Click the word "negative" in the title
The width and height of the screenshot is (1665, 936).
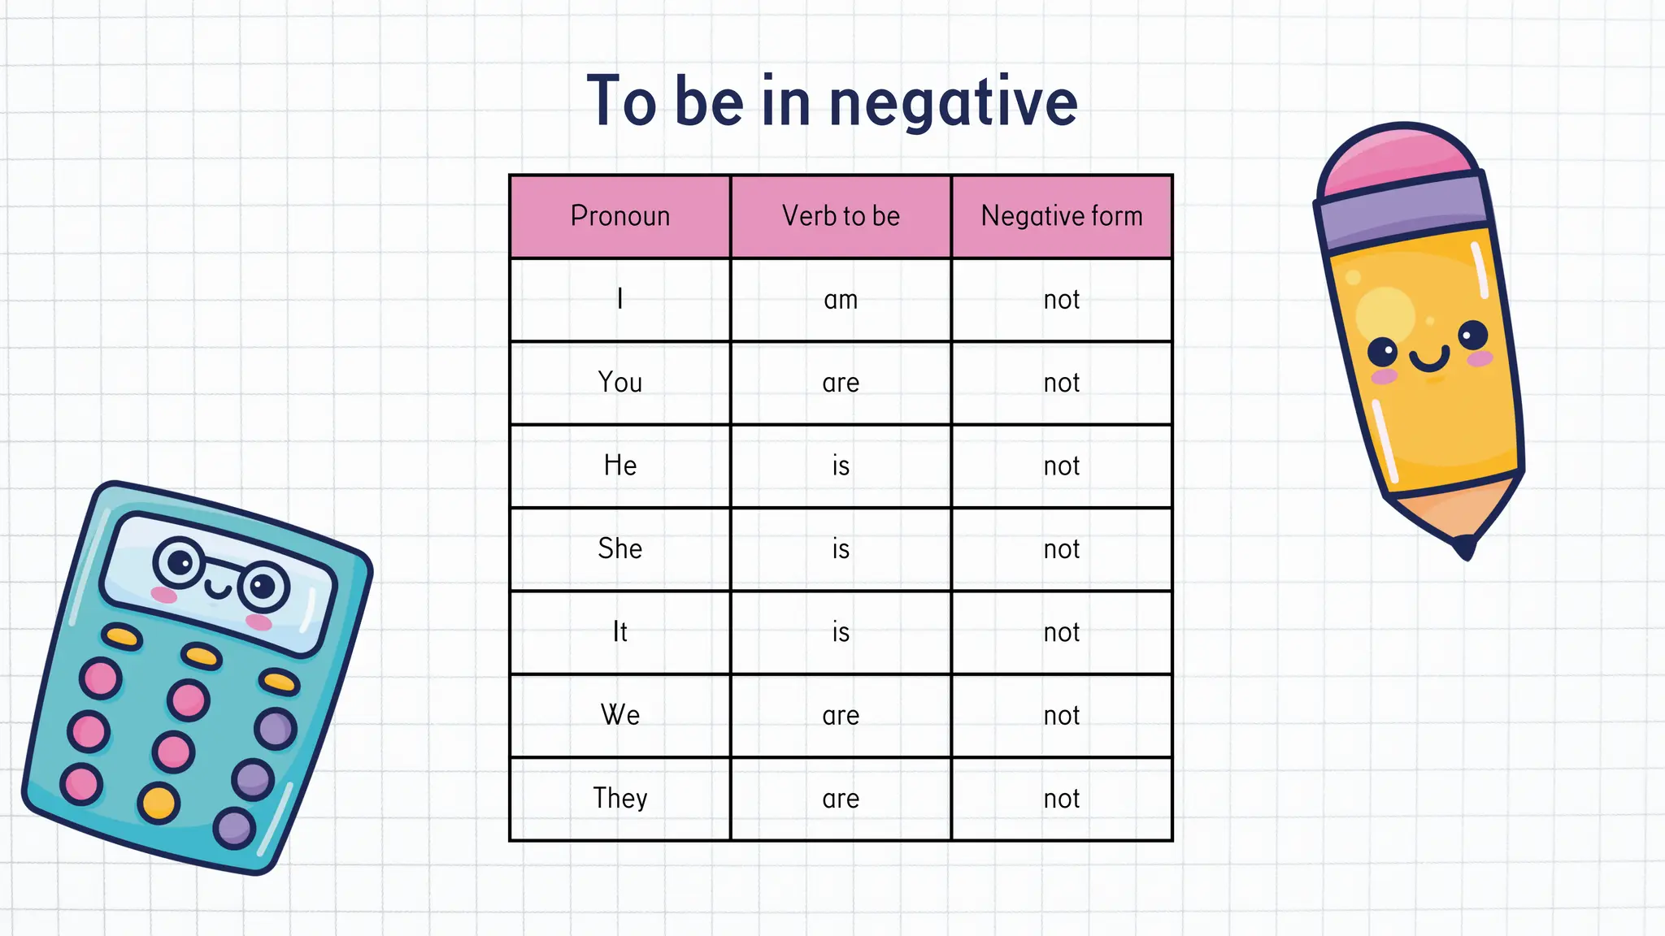pos(953,103)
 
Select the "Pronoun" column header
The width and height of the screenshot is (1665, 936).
pos(620,216)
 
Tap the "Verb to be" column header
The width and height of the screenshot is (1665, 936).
pos(841,216)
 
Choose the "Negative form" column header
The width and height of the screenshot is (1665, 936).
pos(1062,216)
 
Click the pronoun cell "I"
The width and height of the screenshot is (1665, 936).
pos(620,299)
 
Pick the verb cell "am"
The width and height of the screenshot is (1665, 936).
pos(841,300)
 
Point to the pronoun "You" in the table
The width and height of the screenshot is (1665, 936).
pos(620,382)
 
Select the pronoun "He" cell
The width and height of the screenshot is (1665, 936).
pos(620,466)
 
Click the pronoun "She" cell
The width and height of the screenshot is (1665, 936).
pos(620,548)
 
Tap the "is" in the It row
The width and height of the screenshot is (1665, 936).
pos(841,632)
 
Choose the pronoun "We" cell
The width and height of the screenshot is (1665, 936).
pos(620,715)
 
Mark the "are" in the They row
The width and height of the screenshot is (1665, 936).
pos(841,799)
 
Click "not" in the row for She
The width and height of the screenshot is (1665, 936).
pos(1062,549)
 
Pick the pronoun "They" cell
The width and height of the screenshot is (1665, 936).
pos(620,798)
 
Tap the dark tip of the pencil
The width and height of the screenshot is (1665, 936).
pos(1465,547)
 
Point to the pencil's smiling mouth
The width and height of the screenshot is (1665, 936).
pos(1429,358)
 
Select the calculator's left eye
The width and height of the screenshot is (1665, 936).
pos(180,561)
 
